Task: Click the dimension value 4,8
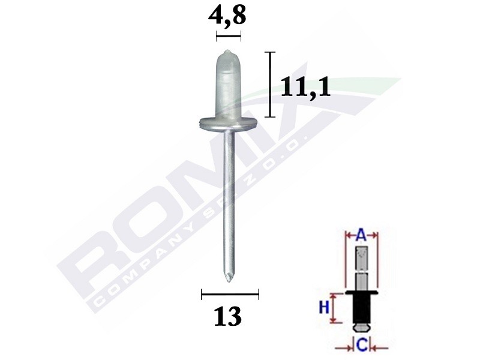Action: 227,16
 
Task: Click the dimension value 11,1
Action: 306,88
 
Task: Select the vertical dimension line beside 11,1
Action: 271,85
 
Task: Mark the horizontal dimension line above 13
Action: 230,294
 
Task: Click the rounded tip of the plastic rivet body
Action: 227,53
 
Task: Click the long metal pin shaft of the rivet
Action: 228,198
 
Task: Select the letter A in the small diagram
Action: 362,236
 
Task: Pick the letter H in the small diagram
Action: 323,307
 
